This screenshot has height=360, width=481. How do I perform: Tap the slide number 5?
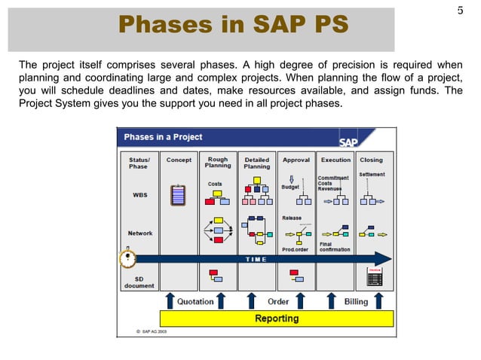coord(460,11)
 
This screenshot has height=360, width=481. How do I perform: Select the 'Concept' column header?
coord(179,160)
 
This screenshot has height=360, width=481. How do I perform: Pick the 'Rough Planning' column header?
coord(218,163)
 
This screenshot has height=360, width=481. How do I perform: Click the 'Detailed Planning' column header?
coord(257,163)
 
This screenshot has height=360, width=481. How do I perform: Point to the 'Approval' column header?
coord(296,160)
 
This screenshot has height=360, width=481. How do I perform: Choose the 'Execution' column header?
coord(335,160)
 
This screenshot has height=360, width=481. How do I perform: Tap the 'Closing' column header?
coord(371,160)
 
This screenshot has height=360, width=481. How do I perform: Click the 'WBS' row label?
coord(140,195)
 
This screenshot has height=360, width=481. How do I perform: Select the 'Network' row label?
coord(140,233)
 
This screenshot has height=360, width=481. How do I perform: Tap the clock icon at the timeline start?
coord(128,258)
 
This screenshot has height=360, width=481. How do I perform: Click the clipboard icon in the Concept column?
coord(179,194)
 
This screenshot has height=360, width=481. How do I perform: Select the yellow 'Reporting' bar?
coord(277,319)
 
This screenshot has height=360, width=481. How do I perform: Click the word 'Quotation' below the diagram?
coord(195,302)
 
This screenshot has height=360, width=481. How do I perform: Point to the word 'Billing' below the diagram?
coord(356,302)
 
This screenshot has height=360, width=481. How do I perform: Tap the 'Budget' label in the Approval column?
coord(290,187)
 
